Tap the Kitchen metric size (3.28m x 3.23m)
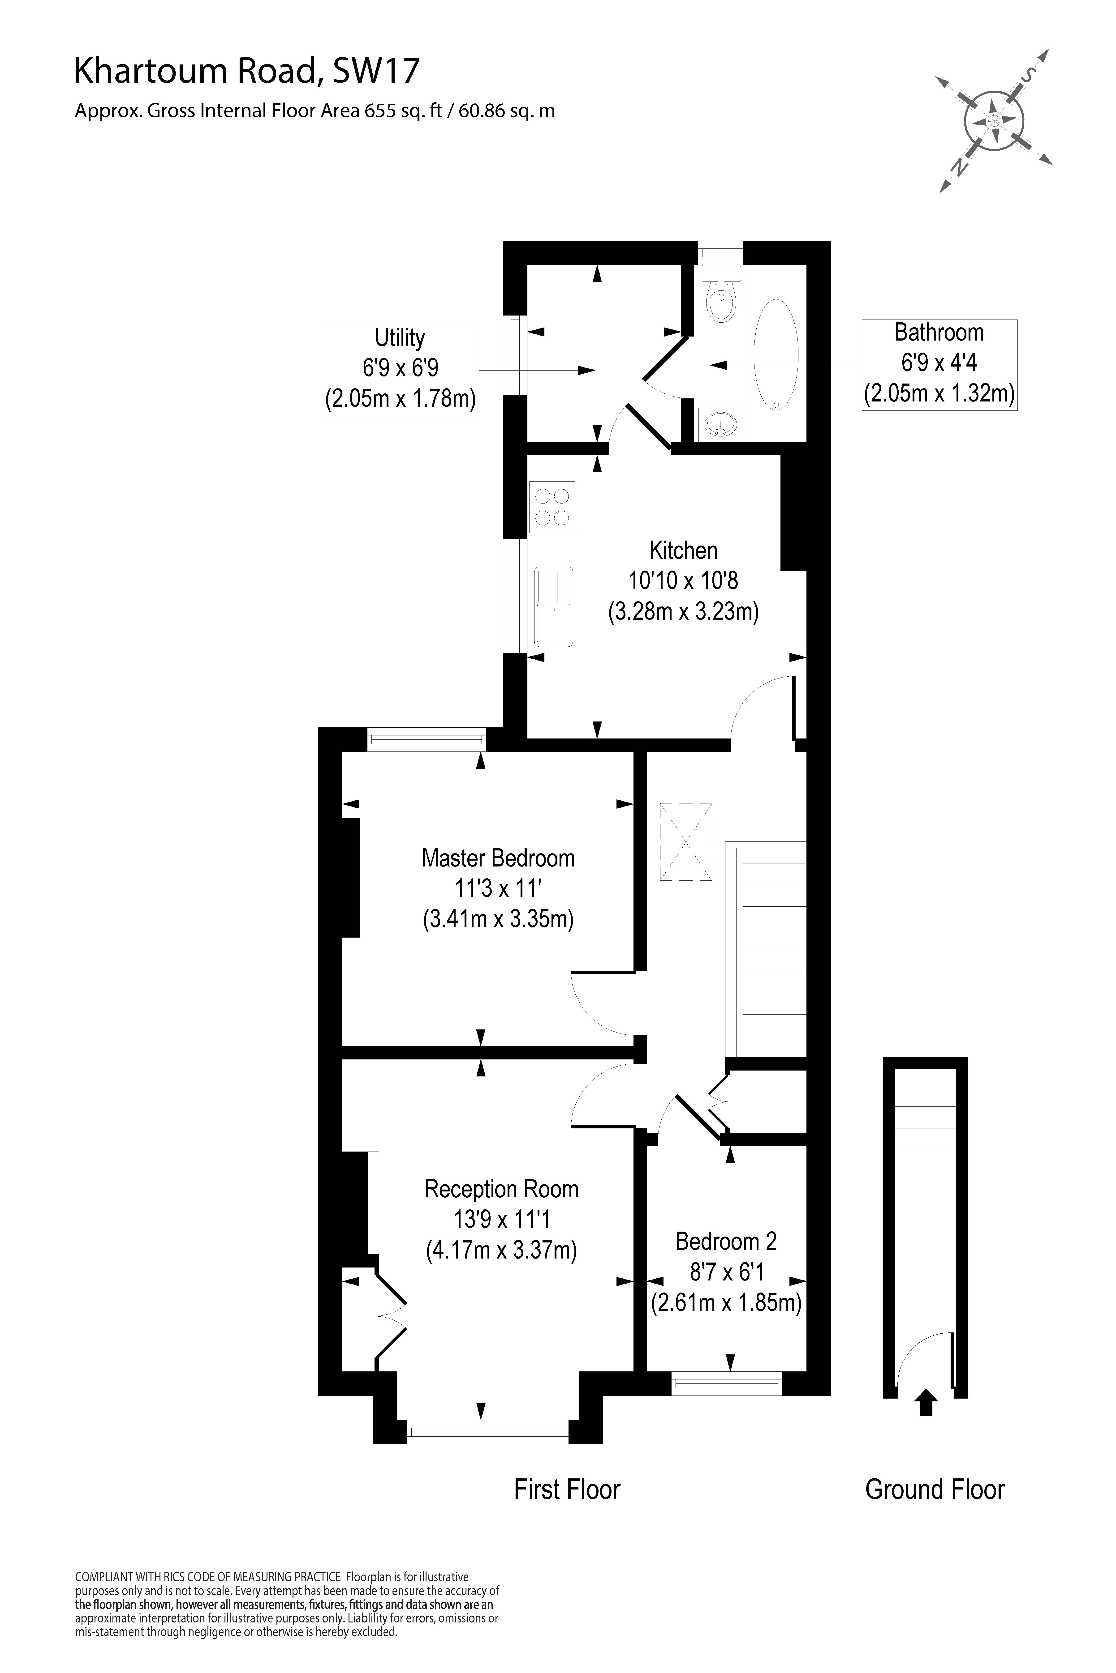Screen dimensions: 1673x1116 [x=683, y=612]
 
